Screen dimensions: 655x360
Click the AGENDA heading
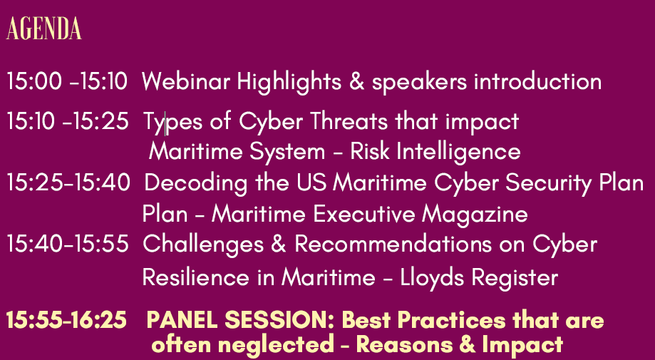click(44, 29)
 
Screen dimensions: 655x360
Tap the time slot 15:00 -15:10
click(67, 81)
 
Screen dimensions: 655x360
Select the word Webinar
click(186, 81)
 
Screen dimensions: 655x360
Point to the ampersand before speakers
click(357, 81)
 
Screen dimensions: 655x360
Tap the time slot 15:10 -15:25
click(67, 121)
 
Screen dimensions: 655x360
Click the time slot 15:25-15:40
click(68, 182)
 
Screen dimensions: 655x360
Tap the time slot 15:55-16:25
click(66, 320)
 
